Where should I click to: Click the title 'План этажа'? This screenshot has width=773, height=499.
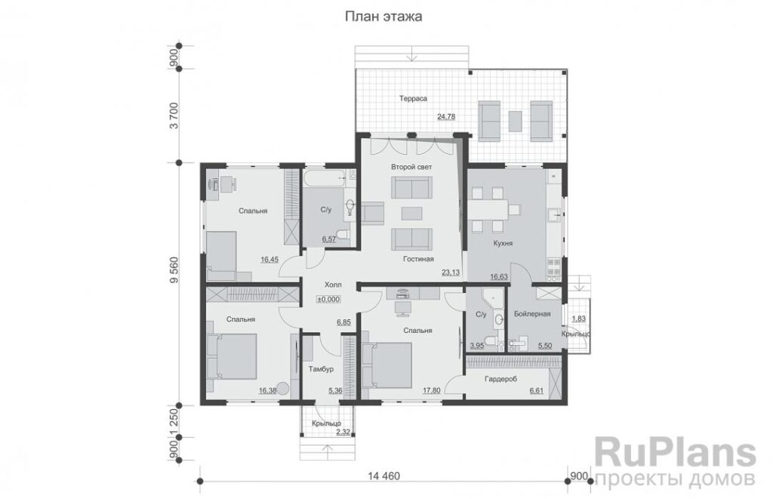(383, 17)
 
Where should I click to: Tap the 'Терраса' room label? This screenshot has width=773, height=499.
(413, 99)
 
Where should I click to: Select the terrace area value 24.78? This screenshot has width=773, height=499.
(446, 117)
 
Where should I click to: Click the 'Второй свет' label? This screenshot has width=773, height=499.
(411, 167)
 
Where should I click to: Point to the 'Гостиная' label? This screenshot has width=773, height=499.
(418, 259)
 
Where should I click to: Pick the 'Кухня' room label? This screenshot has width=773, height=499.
(503, 243)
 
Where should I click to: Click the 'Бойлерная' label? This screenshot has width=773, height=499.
(532, 313)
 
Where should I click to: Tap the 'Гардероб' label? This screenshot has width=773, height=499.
(501, 379)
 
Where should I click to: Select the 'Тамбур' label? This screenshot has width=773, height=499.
(321, 369)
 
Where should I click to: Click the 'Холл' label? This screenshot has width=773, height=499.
(333, 285)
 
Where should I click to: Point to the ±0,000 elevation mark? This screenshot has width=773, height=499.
(328, 299)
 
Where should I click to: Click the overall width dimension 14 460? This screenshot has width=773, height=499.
(384, 476)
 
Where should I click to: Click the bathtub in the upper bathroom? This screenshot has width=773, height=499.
(324, 179)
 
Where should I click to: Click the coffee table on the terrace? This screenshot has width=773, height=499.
(515, 122)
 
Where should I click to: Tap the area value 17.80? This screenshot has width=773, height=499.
(431, 390)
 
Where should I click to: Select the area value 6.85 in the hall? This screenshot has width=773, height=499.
(343, 322)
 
